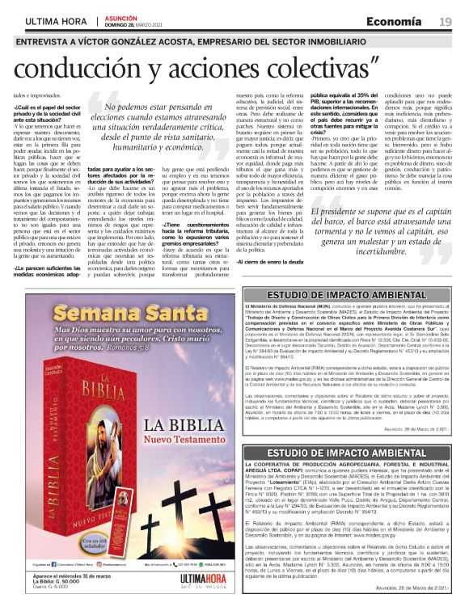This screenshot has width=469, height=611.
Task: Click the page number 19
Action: (x=446, y=21)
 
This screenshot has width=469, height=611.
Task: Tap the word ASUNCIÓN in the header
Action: (x=122, y=16)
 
